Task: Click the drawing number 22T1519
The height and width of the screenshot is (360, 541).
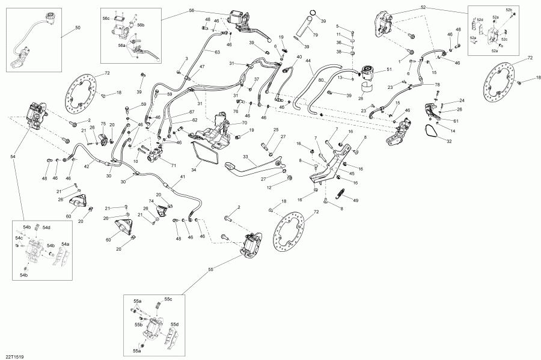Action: [13, 355]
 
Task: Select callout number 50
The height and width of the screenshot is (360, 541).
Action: [77, 28]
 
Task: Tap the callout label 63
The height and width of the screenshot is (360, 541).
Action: [218, 52]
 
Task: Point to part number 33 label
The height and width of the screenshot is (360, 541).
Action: [245, 157]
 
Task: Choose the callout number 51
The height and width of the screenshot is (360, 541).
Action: [389, 70]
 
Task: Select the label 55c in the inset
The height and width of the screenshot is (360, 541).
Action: [168, 299]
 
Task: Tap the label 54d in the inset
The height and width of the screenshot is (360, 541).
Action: [47, 227]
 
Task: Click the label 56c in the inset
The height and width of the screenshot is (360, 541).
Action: [106, 19]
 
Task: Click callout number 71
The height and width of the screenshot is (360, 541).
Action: [173, 166]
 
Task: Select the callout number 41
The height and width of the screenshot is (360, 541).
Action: [182, 178]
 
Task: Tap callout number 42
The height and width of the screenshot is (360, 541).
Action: [86, 166]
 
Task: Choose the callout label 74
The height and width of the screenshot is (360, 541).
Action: [151, 201]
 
